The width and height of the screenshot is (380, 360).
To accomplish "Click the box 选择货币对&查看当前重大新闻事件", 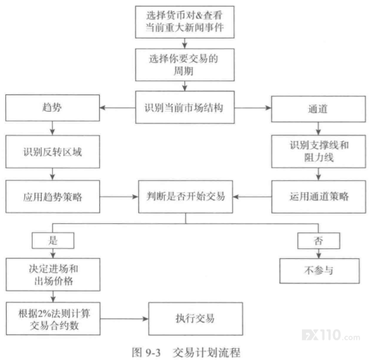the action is tap(184, 22).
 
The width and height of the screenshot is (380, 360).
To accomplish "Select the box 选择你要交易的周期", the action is tap(185, 65).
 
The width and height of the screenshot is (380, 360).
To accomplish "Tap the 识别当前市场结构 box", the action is tap(185, 107).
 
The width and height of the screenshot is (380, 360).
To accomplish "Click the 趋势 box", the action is tap(53, 108).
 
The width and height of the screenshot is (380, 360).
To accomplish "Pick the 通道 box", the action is tap(319, 109).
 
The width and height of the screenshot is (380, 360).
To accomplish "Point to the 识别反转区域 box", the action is tap(53, 152).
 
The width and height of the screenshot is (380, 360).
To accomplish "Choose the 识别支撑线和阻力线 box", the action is tap(319, 151).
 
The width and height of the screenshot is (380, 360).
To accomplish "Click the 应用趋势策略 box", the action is tap(53, 197).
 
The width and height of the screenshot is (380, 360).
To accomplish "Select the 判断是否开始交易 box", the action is tap(186, 197).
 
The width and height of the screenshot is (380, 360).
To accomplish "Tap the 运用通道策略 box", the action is tap(319, 197).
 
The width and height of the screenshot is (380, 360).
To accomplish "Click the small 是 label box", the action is tap(53, 240).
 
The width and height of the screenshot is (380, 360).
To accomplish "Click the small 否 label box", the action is tap(319, 240).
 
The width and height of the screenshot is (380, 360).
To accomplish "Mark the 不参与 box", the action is tap(319, 271).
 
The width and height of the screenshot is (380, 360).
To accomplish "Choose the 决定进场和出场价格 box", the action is tap(53, 275).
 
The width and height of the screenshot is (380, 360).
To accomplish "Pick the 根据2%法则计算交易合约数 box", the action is tap(53, 318).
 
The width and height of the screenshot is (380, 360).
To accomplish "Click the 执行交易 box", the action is tap(196, 319).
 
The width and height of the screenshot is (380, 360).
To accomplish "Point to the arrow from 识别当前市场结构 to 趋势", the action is tap(118, 108).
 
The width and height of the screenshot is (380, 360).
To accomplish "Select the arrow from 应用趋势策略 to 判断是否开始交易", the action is tap(119, 197).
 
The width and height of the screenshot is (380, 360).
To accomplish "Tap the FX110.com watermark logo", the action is tap(331, 336).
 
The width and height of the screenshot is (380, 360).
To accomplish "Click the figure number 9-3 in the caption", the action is tap(153, 353).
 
